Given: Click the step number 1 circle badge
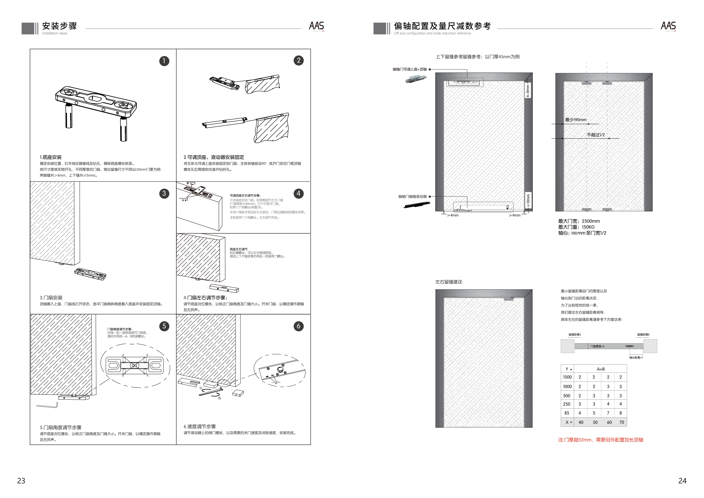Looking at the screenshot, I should click(164, 61).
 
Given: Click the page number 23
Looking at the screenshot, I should click(21, 481).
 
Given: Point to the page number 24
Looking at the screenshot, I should click(682, 481).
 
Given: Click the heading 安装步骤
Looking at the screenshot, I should click(60, 26).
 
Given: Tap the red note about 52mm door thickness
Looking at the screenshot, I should click(600, 440).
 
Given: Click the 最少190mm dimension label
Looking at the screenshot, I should click(576, 120).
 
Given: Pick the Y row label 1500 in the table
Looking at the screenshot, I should click(567, 377).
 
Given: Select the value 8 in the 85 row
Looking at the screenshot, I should click(621, 413).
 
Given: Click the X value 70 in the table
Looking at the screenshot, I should click(622, 422).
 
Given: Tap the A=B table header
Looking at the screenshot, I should click(601, 369).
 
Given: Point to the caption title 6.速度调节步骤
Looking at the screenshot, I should click(200, 426).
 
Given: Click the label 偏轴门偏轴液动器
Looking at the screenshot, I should click(412, 196).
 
